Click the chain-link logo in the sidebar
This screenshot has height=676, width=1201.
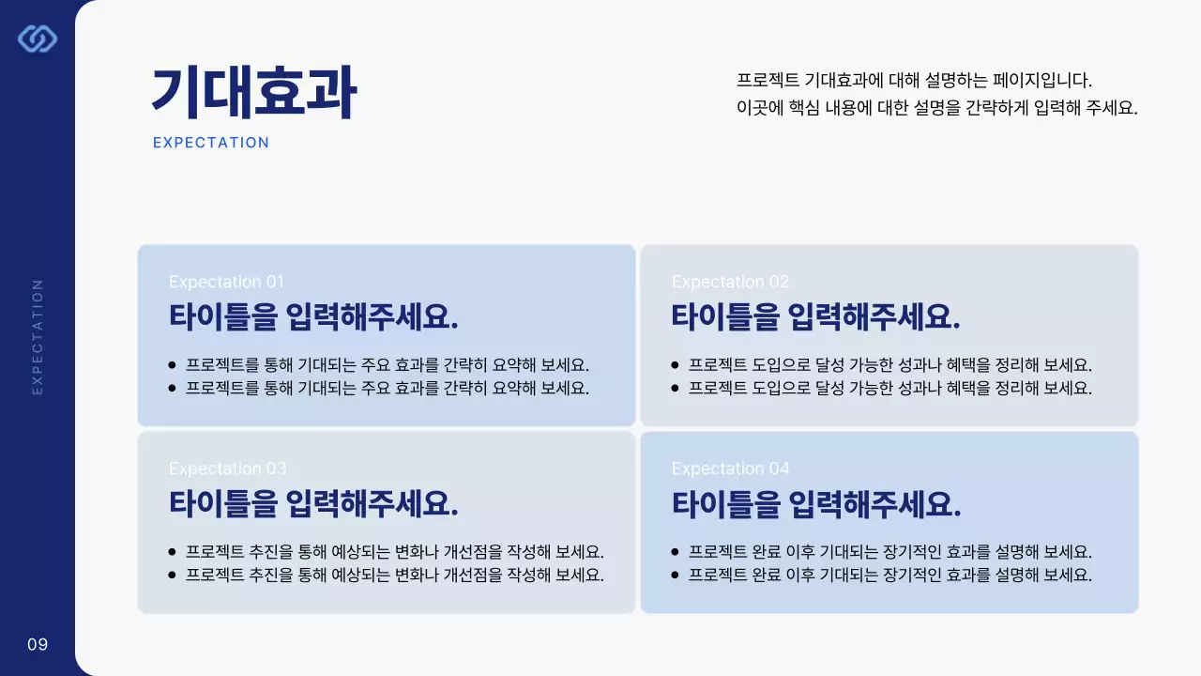coord(38,38)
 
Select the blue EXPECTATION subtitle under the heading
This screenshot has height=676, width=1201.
coord(211,143)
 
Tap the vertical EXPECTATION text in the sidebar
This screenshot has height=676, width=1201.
coord(38,336)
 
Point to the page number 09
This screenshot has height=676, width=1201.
coord(38,644)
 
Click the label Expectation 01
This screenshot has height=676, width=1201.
coord(226,282)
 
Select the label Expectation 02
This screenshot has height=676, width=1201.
coord(730,282)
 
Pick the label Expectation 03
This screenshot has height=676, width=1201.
coord(227,469)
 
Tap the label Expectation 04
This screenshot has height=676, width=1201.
coord(730,469)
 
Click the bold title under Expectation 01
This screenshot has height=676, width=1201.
coord(313,316)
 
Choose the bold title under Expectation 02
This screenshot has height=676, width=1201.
coord(816,316)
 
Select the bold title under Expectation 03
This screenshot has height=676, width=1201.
coord(313,504)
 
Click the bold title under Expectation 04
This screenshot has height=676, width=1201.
coord(816,504)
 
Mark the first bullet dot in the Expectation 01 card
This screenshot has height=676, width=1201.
coord(172,365)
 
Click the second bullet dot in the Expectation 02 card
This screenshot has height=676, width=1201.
coord(675,388)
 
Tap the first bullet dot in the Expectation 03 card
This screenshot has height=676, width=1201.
coord(172,552)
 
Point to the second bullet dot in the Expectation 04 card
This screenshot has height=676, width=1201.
coord(675,575)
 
